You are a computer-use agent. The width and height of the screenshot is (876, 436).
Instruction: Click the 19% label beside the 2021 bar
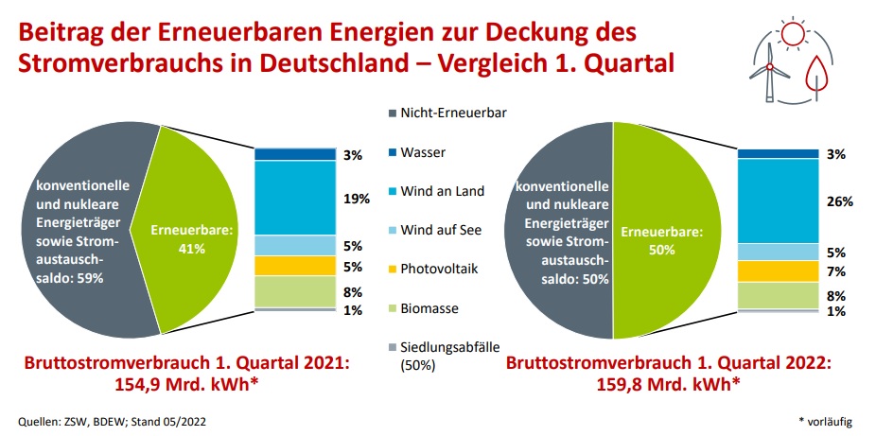(x=354, y=199)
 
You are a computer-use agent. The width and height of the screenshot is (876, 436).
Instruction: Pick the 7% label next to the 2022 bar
(x=835, y=271)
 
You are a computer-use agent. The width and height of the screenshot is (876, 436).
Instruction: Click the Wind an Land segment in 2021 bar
(x=295, y=198)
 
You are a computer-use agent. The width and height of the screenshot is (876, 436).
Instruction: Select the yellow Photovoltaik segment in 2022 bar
(x=777, y=271)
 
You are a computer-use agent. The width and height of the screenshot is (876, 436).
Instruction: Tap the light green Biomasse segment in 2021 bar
(x=295, y=291)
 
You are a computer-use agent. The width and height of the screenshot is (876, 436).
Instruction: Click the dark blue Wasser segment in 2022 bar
(x=777, y=153)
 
